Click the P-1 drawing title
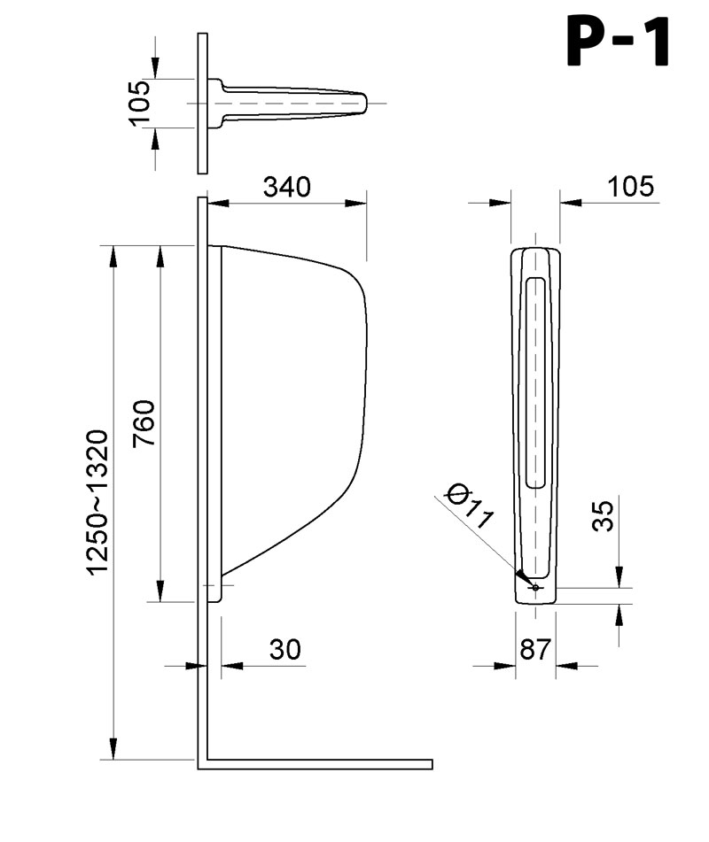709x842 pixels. click(x=618, y=42)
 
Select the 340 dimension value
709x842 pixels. click(x=287, y=187)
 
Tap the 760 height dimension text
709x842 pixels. click(x=144, y=422)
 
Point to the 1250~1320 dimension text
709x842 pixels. click(x=98, y=503)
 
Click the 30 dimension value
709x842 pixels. click(x=284, y=649)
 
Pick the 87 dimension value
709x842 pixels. click(x=535, y=649)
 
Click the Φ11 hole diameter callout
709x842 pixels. click(x=470, y=506)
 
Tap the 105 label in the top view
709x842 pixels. click(x=140, y=103)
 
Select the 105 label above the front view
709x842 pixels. click(x=631, y=186)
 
